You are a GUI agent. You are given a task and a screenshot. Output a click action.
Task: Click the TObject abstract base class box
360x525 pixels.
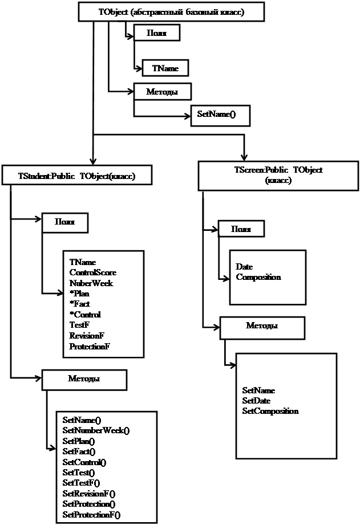[163, 11]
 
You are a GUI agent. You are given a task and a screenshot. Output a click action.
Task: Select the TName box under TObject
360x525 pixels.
[165, 68]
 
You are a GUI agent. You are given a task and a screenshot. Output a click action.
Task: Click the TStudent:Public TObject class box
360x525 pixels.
[77, 176]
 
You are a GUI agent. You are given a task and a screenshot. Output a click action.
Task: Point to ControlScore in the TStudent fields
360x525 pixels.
[92, 272]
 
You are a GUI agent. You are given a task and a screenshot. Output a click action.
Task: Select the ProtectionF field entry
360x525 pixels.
[89, 346]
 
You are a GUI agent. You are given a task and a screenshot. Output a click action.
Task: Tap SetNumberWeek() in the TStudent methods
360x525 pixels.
[96, 430]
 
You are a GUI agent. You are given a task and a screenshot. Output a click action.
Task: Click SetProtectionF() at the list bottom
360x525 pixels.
[91, 515]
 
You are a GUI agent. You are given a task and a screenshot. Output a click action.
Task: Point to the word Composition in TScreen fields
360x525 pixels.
[258, 277]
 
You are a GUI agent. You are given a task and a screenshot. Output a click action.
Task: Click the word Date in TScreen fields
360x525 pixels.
[244, 267]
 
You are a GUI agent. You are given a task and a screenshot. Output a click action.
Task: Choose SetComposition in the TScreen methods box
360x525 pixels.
[270, 411]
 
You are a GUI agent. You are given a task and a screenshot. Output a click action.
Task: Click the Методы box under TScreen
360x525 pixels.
[261, 327]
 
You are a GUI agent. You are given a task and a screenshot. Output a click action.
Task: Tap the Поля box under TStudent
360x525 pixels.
[65, 222]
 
